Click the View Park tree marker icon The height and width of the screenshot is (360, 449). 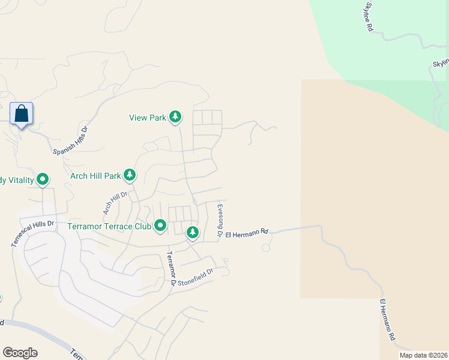(x=175, y=116)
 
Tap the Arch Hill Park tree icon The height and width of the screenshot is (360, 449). (x=130, y=175)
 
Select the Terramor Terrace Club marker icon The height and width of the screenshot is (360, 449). (x=160, y=226)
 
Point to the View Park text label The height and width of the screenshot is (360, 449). (x=148, y=118)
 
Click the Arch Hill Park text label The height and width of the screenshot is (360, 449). (x=95, y=176)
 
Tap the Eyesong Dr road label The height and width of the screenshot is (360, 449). (x=220, y=221)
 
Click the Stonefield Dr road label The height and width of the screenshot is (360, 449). (x=196, y=276)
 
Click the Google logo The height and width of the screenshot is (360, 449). (x=20, y=353)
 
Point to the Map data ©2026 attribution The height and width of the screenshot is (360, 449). (x=423, y=355)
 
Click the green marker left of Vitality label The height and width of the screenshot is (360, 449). (x=43, y=179)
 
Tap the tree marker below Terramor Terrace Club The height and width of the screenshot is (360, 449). (x=192, y=232)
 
